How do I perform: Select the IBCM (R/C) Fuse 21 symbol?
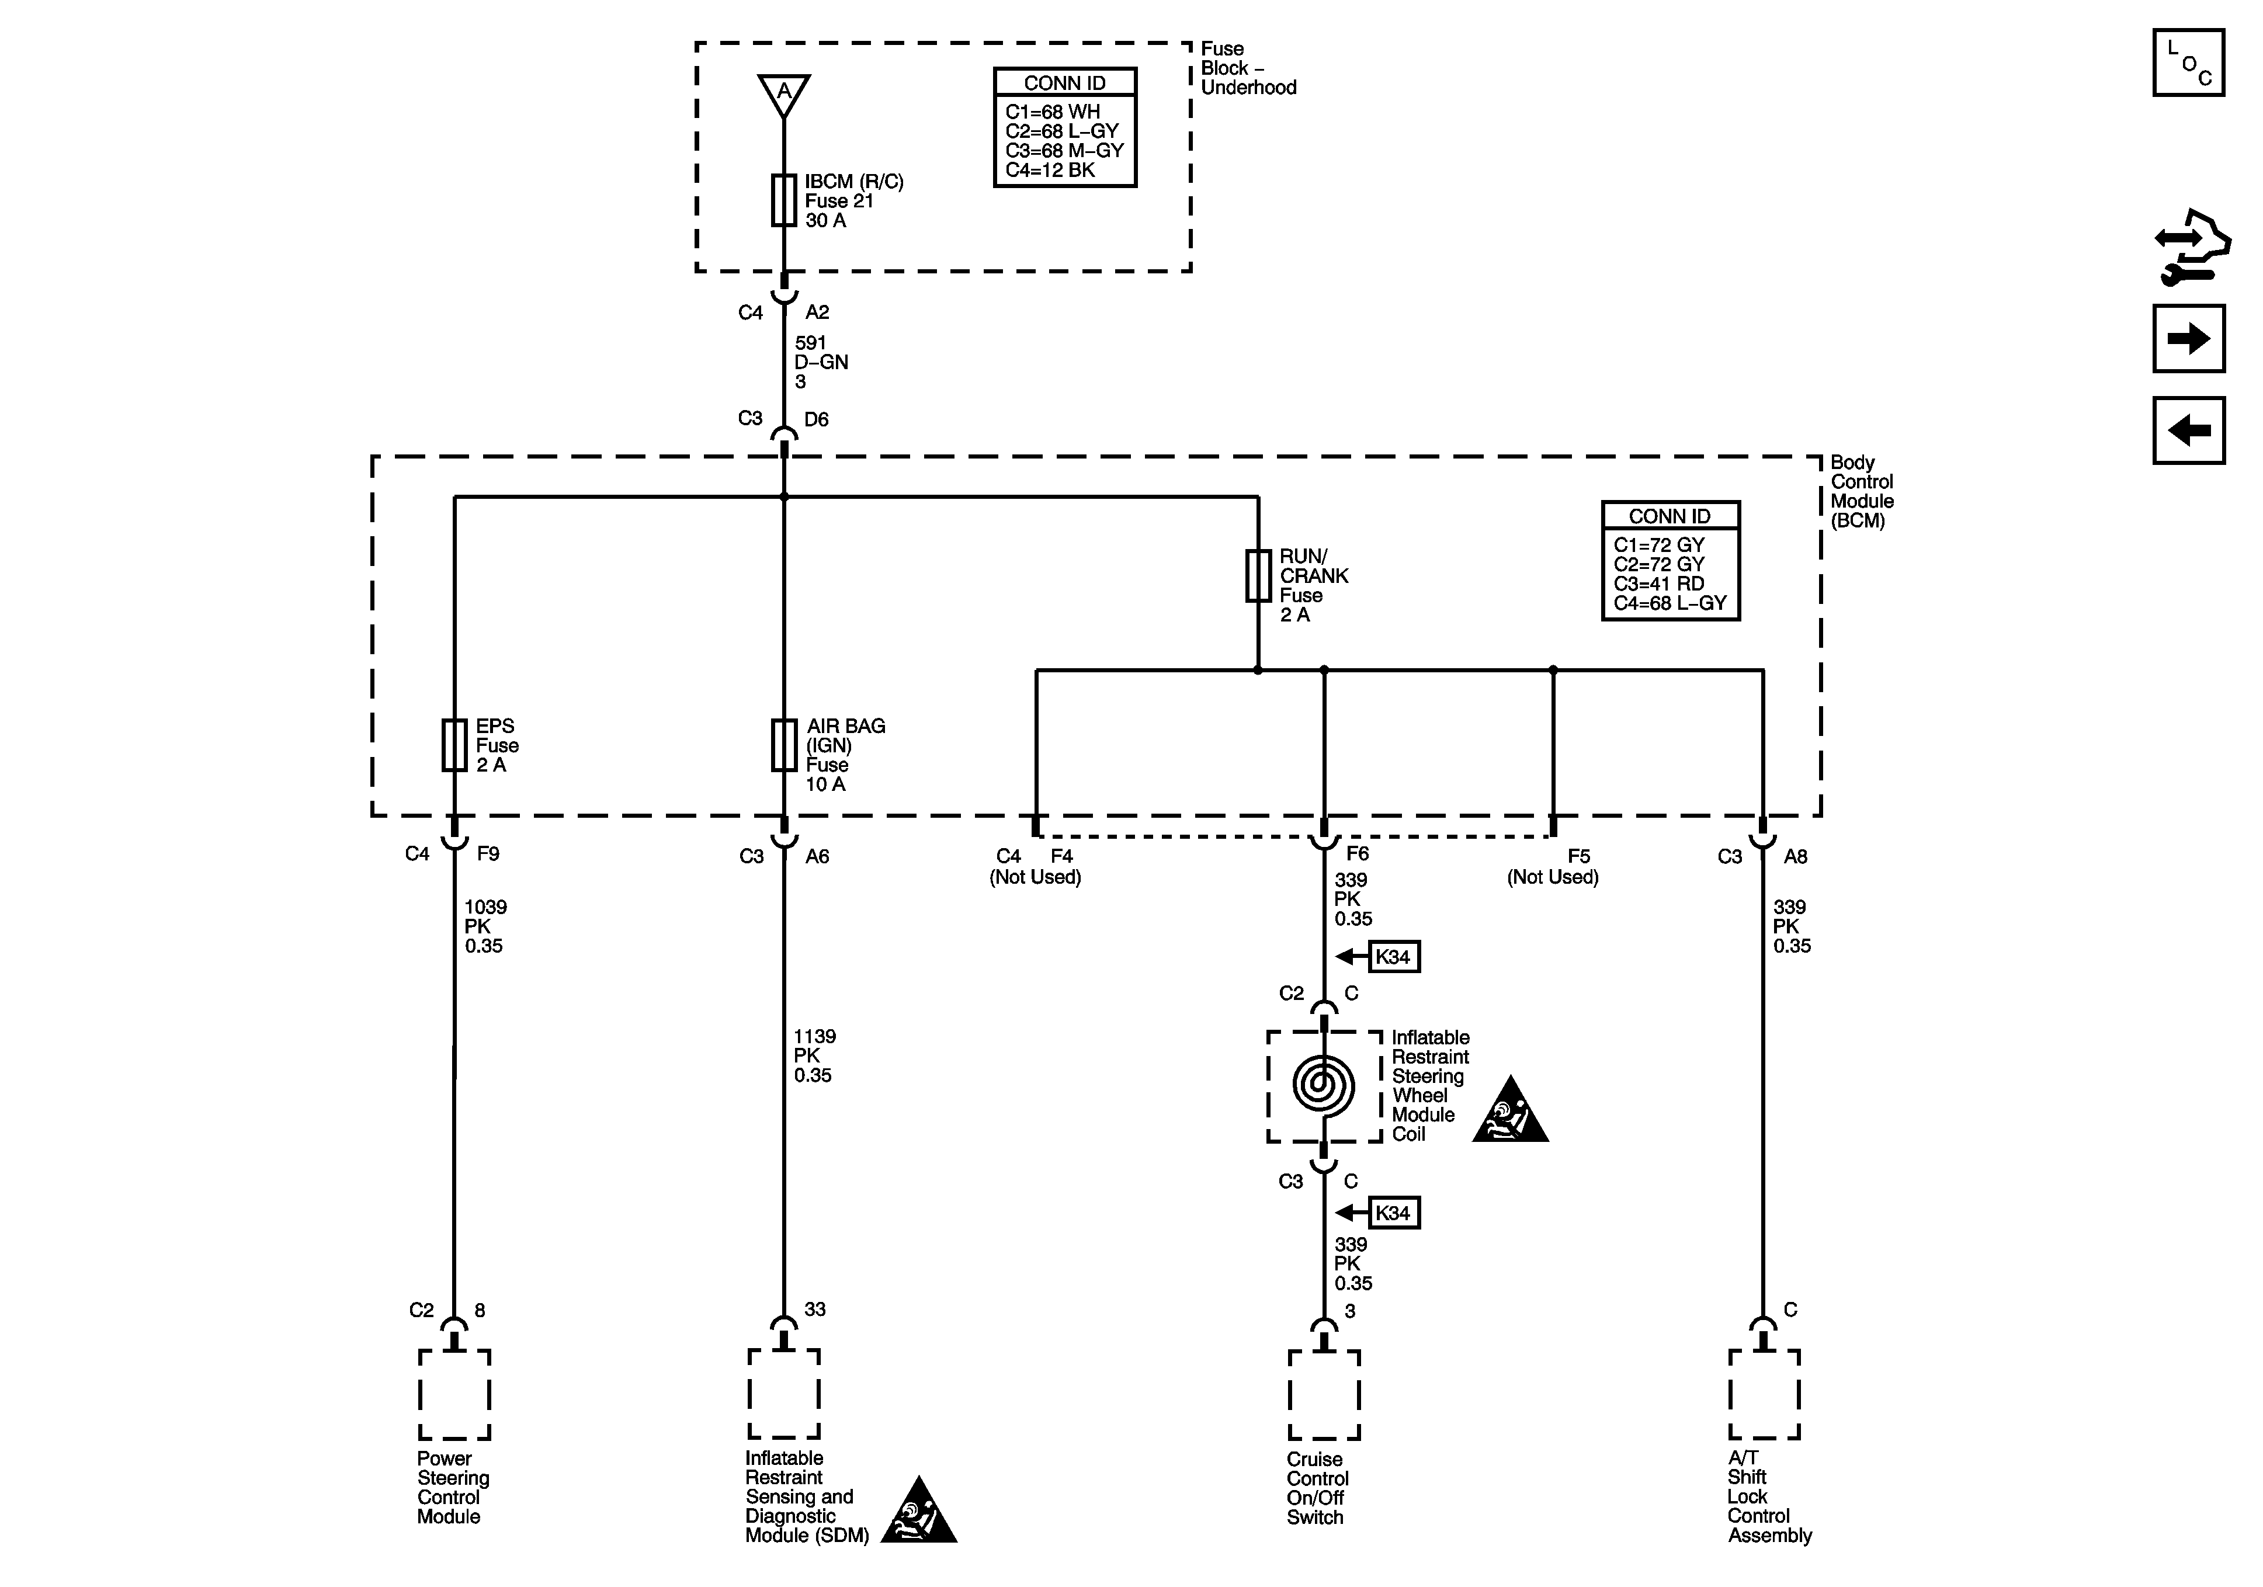point(783,200)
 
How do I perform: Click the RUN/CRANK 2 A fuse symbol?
point(1258,576)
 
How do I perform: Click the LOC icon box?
point(2188,63)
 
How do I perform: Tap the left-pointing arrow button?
point(2188,430)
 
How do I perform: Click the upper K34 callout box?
point(1394,956)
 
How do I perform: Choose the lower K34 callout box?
point(1394,1213)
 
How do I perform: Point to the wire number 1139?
point(815,1036)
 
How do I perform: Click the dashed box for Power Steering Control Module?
point(454,1395)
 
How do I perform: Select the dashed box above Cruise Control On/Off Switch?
point(1324,1395)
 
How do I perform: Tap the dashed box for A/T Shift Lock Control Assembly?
point(1764,1395)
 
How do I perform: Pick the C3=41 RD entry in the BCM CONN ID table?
point(1659,584)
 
